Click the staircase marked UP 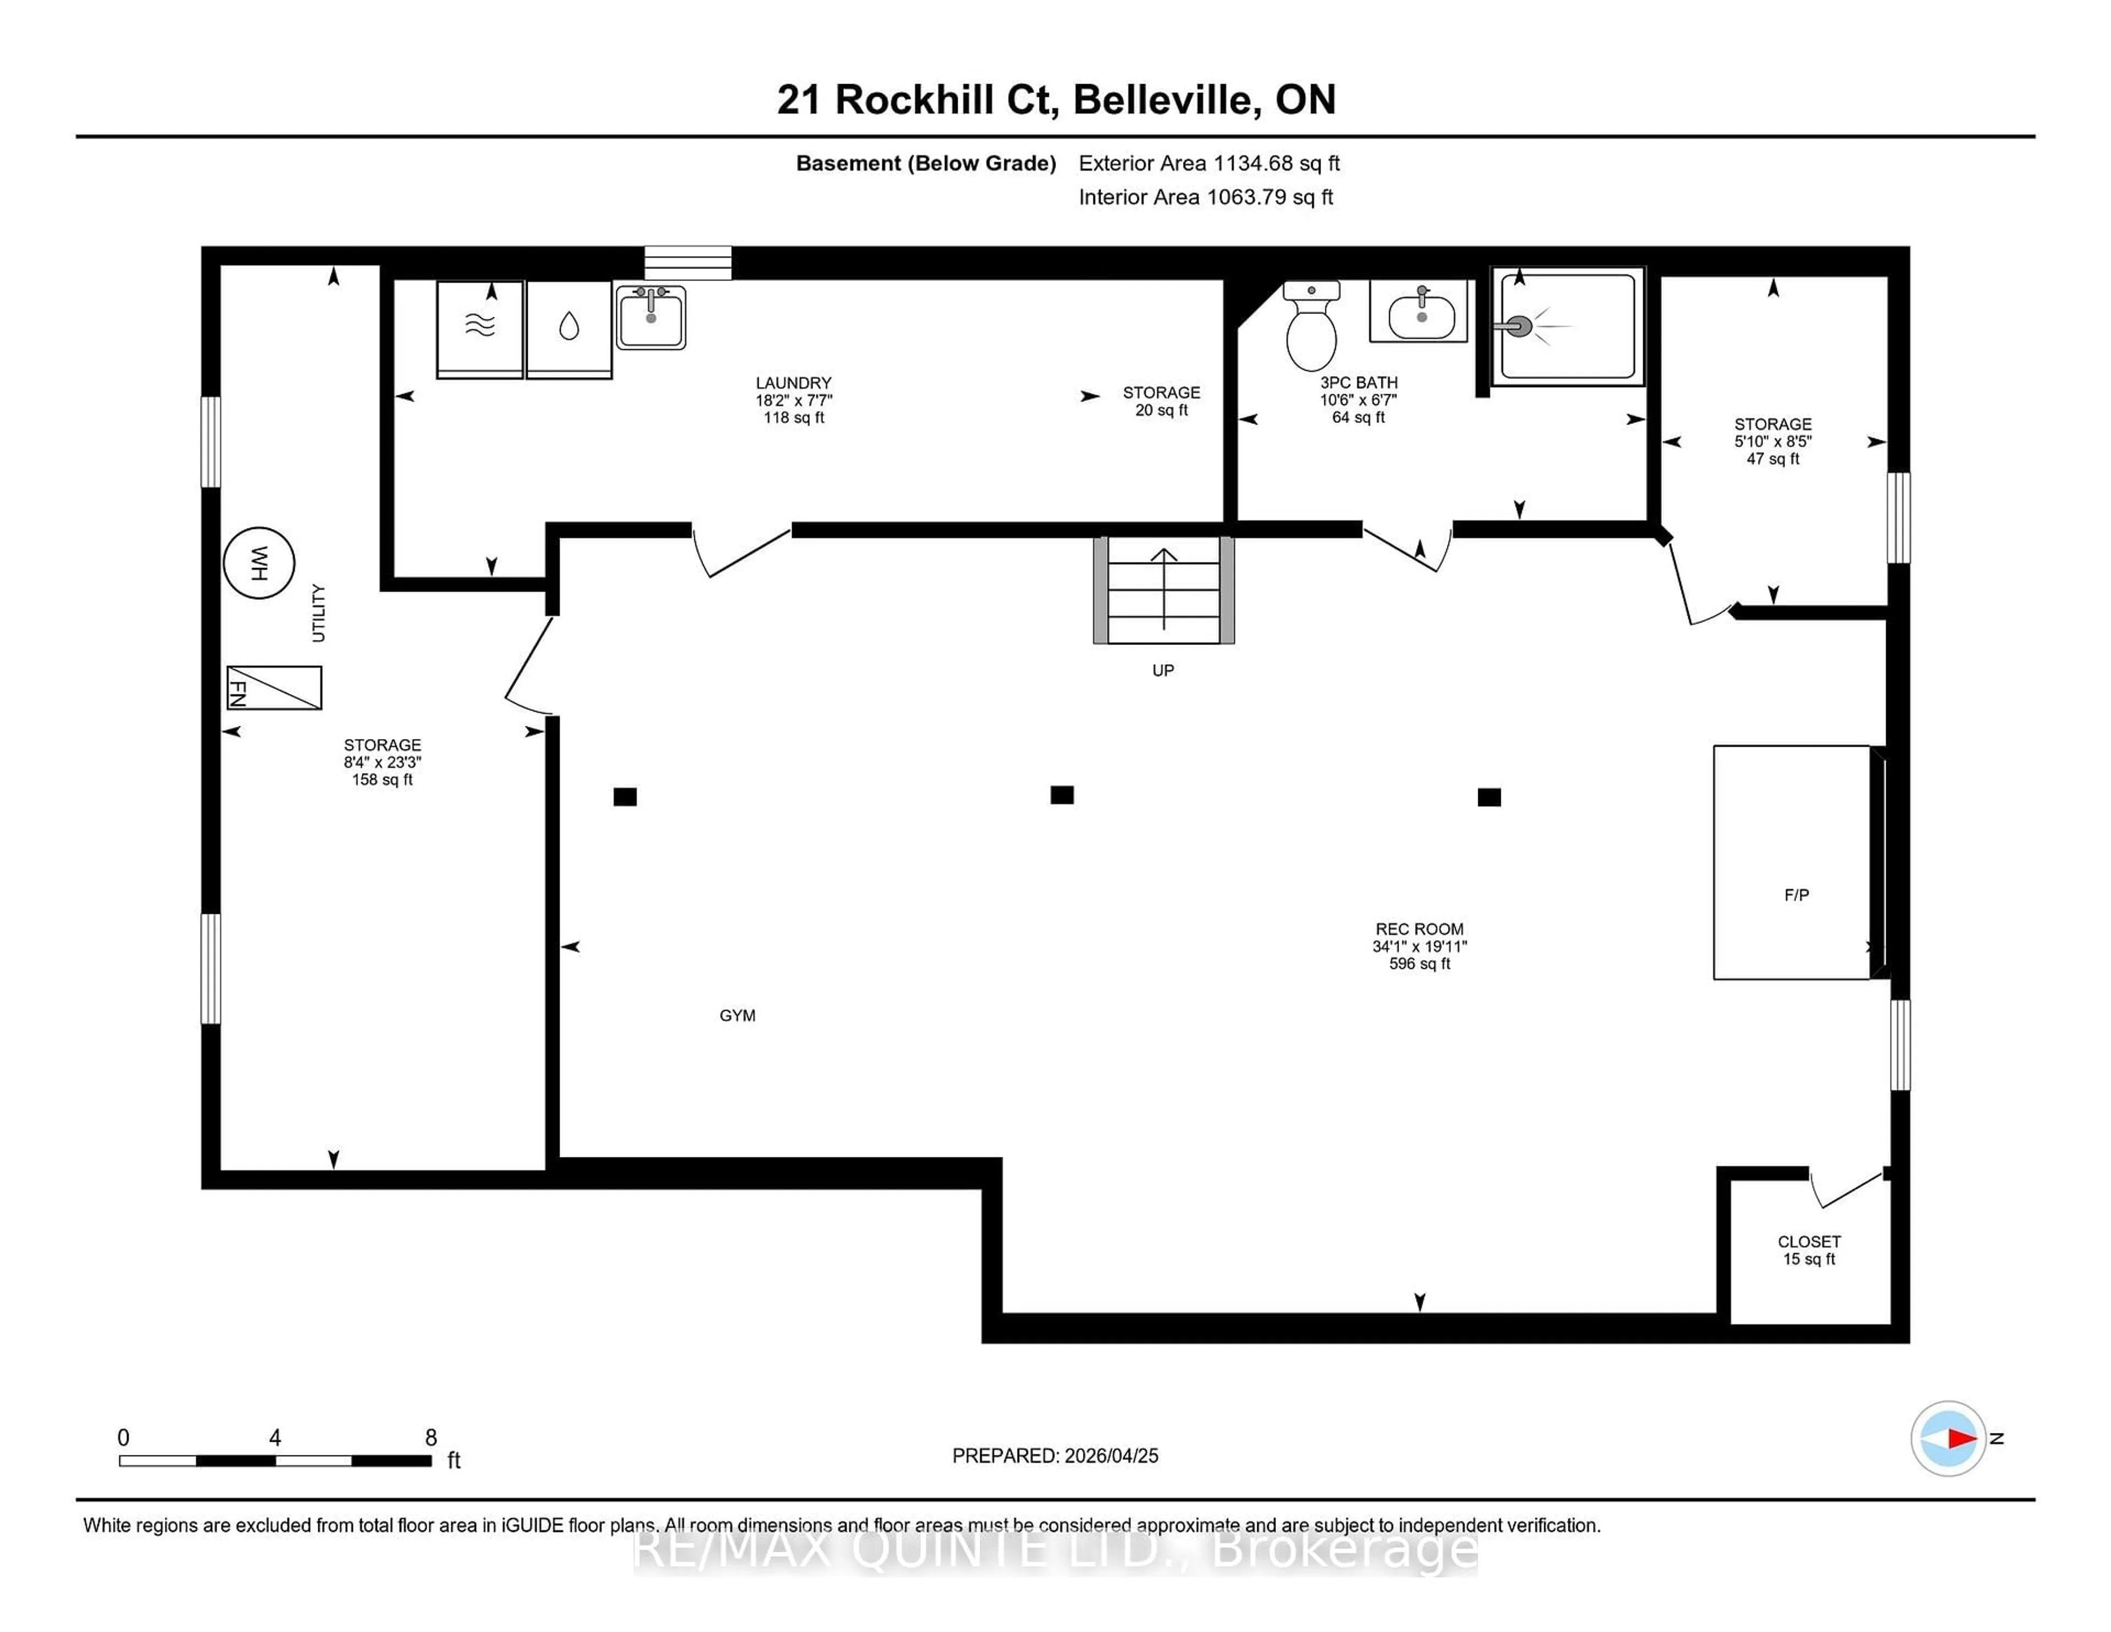coord(1164,590)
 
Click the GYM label coord(738,1015)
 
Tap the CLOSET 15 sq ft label coord(1809,1250)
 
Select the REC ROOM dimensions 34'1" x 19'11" coord(1419,946)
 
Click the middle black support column coord(1062,795)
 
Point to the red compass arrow coord(1960,1438)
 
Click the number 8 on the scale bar coord(431,1438)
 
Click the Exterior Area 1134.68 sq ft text coord(1208,163)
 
